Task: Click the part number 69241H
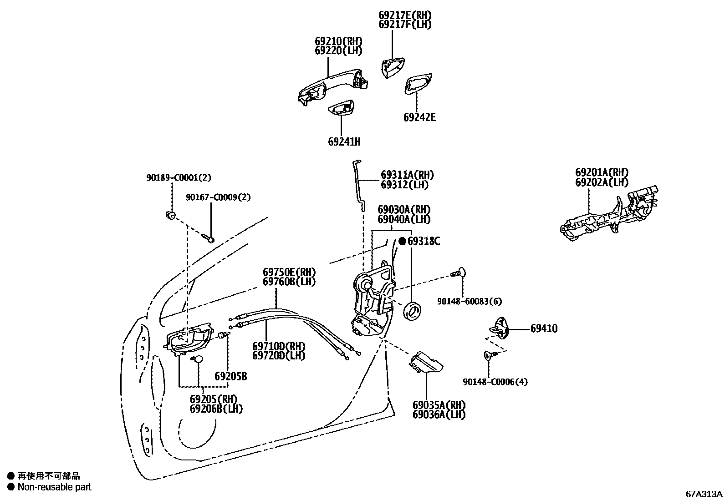tap(344, 141)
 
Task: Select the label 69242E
tap(419, 117)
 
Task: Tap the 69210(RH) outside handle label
tap(338, 41)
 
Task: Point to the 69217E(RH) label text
tap(405, 15)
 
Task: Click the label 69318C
tap(423, 241)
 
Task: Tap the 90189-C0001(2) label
tap(179, 177)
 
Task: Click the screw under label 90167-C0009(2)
tap(209, 238)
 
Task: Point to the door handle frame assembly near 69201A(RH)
tap(610, 214)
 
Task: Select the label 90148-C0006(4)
tap(495, 382)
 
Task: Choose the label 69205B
tap(230, 377)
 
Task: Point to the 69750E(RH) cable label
tap(289, 272)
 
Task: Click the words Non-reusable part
tap(54, 487)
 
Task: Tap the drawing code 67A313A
tap(704, 494)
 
